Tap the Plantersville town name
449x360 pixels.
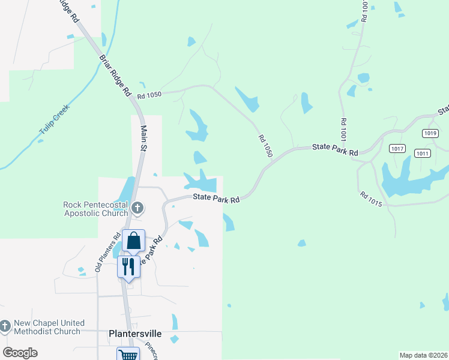134,334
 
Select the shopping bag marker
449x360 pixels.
133,241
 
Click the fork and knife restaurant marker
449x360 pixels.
128,266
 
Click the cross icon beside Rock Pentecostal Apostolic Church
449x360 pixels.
137,208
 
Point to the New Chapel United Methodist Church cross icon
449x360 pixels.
5,327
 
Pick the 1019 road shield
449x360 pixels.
429,133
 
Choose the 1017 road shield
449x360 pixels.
397,148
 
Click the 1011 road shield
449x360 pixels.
423,153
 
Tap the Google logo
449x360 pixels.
20,353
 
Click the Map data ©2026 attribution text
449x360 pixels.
423,355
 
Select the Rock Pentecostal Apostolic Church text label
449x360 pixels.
96,209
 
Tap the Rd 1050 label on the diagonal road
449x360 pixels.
265,146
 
